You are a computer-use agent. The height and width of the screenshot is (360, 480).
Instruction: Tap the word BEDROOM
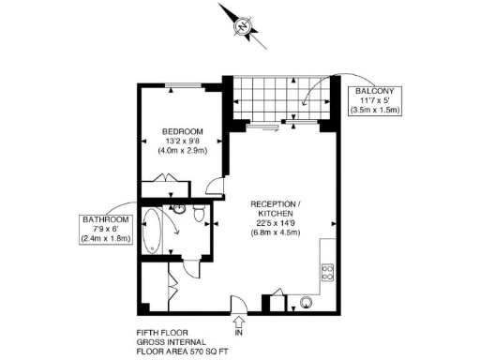coord(182,131)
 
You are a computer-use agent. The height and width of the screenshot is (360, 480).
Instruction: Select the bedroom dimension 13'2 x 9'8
coord(182,141)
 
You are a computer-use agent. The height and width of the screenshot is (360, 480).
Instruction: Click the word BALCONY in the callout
coord(380,90)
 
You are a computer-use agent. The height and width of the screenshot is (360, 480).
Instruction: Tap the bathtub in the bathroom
coord(153,232)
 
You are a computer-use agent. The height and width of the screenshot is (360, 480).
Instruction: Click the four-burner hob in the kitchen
coord(329,273)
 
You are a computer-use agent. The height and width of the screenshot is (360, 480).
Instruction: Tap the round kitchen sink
coord(306,303)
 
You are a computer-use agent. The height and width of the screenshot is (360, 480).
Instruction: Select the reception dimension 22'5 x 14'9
coord(275,223)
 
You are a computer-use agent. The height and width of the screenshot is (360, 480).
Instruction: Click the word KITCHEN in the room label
coord(275,214)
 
